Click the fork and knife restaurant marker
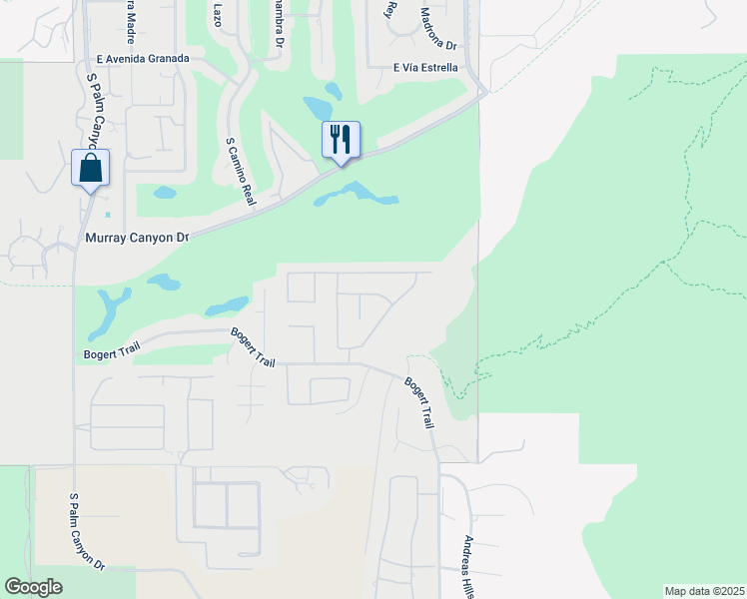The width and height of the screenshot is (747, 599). [341, 140]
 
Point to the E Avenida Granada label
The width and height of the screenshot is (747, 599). [144, 59]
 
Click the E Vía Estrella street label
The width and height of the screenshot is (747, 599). [425, 68]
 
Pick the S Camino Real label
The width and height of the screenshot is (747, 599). [241, 172]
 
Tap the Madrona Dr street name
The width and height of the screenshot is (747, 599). [437, 29]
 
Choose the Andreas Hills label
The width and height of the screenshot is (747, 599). [467, 567]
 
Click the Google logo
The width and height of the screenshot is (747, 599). [33, 587]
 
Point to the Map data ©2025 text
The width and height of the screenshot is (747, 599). [704, 591]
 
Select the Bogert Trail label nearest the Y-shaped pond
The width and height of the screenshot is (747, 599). [111, 354]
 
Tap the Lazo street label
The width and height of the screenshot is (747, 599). [219, 13]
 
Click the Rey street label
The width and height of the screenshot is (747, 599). [391, 10]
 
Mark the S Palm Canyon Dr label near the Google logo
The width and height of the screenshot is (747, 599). [87, 531]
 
